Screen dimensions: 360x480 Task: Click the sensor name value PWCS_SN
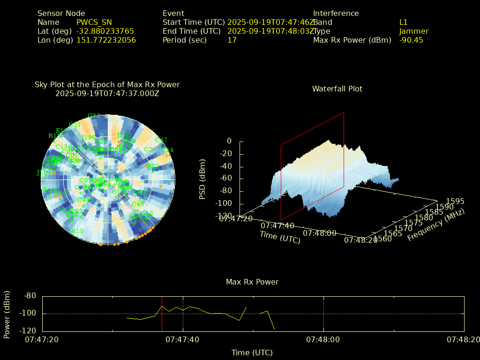point(94,22)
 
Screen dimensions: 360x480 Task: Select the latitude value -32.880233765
point(105,31)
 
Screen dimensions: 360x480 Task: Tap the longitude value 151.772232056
point(106,40)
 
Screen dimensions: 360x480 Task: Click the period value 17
point(232,40)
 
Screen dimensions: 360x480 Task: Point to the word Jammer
point(413,31)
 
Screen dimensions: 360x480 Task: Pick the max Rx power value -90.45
point(411,40)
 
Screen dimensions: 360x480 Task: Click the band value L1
point(403,22)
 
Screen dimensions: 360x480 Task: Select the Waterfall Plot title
point(337,89)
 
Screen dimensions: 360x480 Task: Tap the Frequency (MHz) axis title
point(436,225)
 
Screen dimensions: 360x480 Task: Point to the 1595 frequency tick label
point(455,201)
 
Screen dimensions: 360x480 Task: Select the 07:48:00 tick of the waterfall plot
point(319,232)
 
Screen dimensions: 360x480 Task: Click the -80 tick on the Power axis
point(30,296)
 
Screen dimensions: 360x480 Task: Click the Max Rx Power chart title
point(252,282)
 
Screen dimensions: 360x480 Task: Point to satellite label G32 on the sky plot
point(94,115)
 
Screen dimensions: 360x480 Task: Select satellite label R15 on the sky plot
point(77,231)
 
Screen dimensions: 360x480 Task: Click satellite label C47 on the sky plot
point(161,140)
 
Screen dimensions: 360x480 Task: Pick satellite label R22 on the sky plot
point(153,166)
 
